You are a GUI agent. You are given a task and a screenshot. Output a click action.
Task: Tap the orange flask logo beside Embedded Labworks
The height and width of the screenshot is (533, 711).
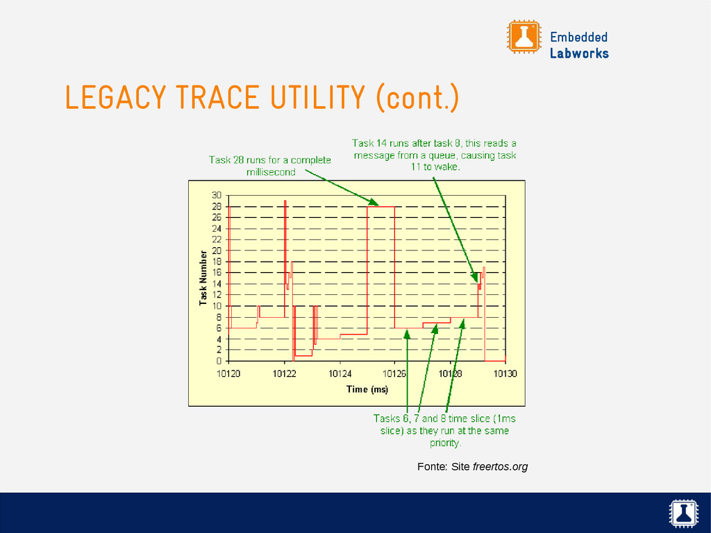point(524,37)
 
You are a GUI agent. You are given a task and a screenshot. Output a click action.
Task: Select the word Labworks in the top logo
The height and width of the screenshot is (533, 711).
point(579,53)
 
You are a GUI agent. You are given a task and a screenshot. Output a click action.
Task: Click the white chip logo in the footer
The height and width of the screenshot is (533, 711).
point(683,513)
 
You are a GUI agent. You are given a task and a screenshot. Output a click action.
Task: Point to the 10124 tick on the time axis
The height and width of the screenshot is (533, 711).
point(340,373)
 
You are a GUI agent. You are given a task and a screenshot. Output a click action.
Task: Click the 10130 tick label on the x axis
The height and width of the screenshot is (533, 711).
point(505,373)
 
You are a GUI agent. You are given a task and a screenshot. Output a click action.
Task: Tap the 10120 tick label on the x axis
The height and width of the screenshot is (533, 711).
point(228,373)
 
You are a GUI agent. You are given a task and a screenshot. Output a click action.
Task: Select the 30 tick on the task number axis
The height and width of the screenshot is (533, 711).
point(217,195)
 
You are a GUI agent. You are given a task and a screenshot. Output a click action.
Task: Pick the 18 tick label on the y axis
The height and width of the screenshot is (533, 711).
point(217,262)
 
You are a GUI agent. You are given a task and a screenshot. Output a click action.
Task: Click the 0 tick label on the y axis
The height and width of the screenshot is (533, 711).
point(219,361)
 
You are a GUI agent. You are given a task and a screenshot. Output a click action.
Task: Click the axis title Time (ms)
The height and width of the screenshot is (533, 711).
point(367,389)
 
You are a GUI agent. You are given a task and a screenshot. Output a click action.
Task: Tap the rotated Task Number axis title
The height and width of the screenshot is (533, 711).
point(203,278)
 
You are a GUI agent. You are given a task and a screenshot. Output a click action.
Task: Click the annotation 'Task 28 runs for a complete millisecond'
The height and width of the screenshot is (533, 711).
point(270,166)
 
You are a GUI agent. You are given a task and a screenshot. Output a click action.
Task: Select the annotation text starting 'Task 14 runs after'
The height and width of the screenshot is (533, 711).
point(435,155)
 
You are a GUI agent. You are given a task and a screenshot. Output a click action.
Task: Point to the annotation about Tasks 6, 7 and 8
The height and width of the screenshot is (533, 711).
point(444,430)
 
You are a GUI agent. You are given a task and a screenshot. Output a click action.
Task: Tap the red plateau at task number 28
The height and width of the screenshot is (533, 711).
point(381,207)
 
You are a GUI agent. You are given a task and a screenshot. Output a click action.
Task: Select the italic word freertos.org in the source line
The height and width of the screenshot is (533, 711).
point(500,467)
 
